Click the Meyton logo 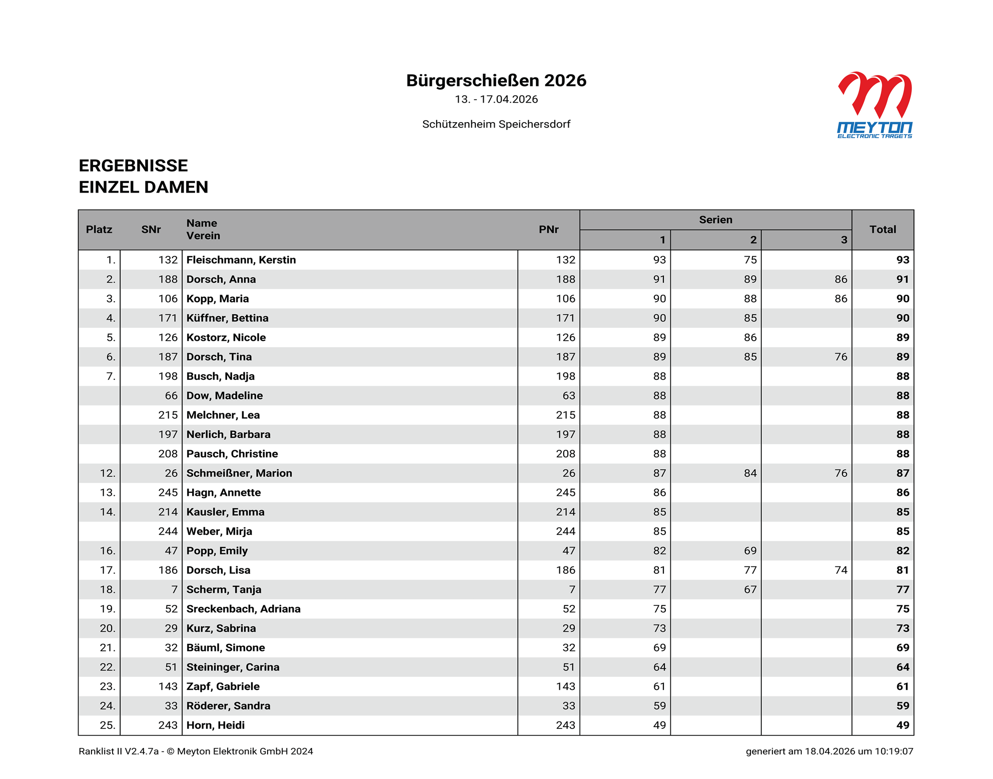874,105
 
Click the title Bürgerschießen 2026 496,81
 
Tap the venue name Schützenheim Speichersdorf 496,124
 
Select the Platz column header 99,230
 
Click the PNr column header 548,230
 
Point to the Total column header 882,230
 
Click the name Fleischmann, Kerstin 241,260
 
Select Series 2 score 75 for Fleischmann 750,260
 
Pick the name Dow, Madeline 225,396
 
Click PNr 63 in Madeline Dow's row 569,396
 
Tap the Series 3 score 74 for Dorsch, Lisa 840,570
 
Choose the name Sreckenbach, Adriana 244,609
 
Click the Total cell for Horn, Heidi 902,725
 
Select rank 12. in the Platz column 108,473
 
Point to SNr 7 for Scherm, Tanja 174,590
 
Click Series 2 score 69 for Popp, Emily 750,551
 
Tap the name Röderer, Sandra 228,706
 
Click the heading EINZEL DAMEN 144,187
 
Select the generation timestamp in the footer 829,751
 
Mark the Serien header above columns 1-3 715,220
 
